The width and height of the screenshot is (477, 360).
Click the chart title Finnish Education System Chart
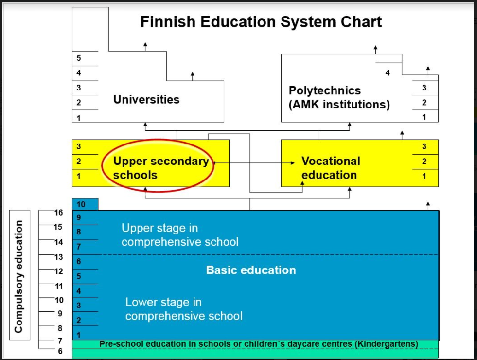tap(261, 22)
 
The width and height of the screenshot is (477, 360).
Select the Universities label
tap(146, 100)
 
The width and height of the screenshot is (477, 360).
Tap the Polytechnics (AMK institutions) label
tap(339, 97)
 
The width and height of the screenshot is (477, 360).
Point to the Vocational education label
tap(330, 168)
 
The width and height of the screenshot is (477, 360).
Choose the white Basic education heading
tap(251, 270)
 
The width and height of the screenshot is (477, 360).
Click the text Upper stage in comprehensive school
tap(180, 235)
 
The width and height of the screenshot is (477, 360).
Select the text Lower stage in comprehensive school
tap(184, 309)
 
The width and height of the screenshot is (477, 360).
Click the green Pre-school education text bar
tap(258, 344)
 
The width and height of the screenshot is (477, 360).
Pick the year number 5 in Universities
tap(79, 58)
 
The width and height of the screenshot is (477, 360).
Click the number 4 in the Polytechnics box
tap(388, 73)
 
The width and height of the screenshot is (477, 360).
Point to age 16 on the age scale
tap(58, 213)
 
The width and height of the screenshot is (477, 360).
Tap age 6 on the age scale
tap(60, 351)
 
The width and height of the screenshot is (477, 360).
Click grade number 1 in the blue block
tap(79, 335)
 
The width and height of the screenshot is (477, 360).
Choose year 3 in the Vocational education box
tap(424, 147)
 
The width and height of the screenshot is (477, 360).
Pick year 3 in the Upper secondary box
tap(79, 147)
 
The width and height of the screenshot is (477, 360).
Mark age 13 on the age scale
tap(58, 257)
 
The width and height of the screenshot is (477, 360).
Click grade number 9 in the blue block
tap(79, 217)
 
